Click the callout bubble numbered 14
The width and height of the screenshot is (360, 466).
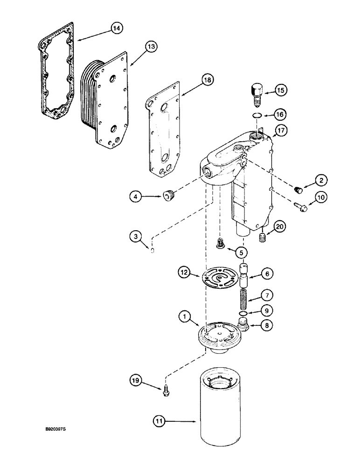[x=117, y=28]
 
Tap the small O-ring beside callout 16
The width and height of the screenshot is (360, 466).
[x=256, y=116]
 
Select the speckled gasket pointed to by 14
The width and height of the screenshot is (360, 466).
[x=55, y=70]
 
